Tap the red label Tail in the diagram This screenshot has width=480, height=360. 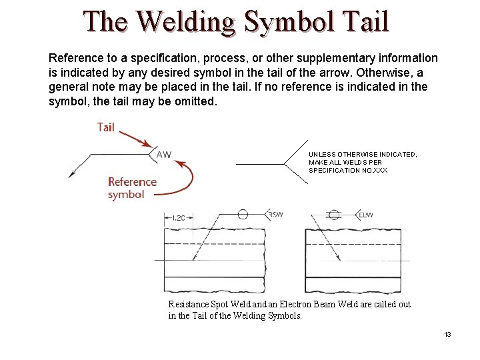coord(106,127)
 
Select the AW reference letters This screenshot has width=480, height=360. coord(163,155)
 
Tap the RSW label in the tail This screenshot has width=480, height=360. coord(275,214)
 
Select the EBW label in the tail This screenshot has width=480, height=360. coord(367,214)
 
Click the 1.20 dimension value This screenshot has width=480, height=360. coord(179,218)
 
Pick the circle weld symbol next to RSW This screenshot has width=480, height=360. coord(243,214)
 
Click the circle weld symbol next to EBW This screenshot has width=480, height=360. coord(334,214)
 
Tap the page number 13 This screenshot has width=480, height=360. coord(448,333)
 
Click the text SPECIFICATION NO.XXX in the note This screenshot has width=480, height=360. coord(347,171)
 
